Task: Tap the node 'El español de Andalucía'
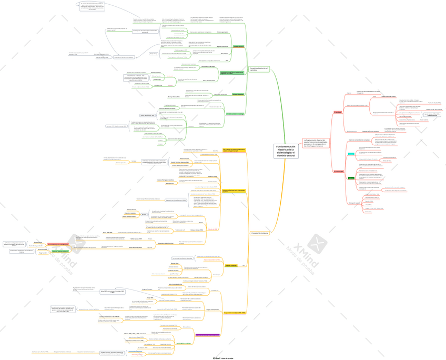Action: (x=259, y=233)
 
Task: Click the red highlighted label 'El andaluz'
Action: (x=338, y=112)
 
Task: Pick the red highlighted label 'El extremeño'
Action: (x=338, y=172)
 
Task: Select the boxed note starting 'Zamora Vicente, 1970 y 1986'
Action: (x=432, y=114)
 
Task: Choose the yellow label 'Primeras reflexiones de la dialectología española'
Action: (x=233, y=191)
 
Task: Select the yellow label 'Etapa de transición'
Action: (x=231, y=266)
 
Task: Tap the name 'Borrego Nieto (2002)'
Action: (x=174, y=97)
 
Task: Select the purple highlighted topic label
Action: (x=208, y=335)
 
